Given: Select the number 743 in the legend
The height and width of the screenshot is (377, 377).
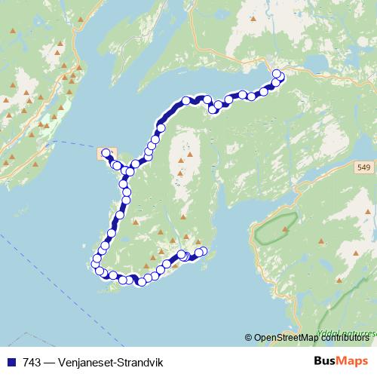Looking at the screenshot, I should pyautogui.click(x=32, y=363).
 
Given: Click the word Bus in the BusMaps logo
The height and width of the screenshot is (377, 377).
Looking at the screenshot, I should pyautogui.click(x=326, y=362).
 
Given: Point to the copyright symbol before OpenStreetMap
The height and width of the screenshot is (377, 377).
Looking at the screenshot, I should pyautogui.click(x=248, y=338).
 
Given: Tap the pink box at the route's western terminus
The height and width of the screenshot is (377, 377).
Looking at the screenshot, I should pyautogui.click(x=106, y=153).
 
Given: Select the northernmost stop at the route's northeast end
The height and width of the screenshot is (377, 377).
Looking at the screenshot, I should pyautogui.click(x=277, y=73).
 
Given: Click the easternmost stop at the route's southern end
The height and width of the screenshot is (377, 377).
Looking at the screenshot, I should pyautogui.click(x=203, y=251).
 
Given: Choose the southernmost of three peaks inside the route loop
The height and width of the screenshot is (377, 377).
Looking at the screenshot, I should pyautogui.click(x=182, y=174).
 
